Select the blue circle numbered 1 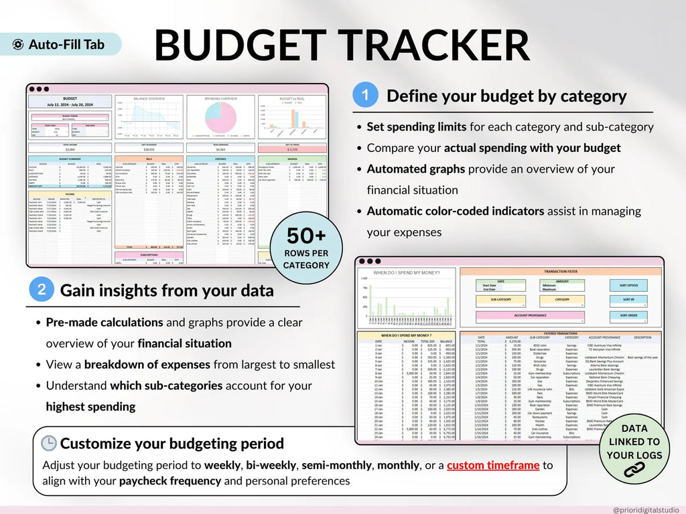pyautogui.click(x=365, y=95)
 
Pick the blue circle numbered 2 pyautogui.click(x=42, y=290)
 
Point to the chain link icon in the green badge pyautogui.click(x=634, y=470)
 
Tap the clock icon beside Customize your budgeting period pyautogui.click(x=49, y=444)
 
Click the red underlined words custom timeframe pyautogui.click(x=494, y=465)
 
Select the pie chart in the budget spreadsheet pyautogui.click(x=220, y=117)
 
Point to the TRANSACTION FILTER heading pyautogui.click(x=561, y=272)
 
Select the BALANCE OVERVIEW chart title pyautogui.click(x=149, y=98)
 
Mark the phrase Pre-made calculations pyautogui.click(x=104, y=322)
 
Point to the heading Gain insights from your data pyautogui.click(x=167, y=290)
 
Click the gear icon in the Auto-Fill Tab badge pyautogui.click(x=19, y=45)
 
